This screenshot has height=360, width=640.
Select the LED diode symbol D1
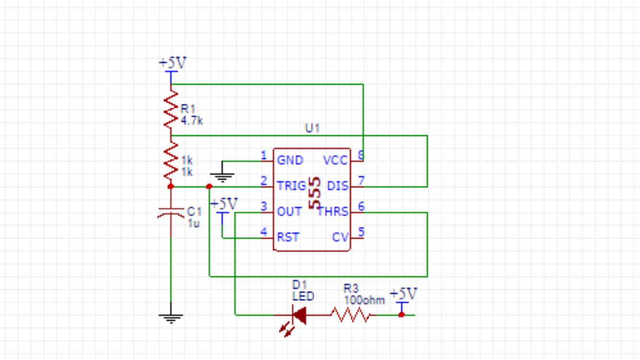coord(299,315)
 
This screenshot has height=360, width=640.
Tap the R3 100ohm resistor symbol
coord(350,315)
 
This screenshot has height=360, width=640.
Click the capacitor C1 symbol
coord(170,213)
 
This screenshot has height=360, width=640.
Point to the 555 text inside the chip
coord(315,193)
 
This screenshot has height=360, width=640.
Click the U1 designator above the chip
coord(312,128)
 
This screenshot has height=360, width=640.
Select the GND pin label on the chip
coord(290,160)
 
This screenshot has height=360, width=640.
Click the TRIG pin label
coord(291,186)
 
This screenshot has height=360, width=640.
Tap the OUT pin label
coord(289,212)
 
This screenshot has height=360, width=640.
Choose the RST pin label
coord(288,238)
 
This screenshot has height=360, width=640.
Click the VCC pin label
coord(335,160)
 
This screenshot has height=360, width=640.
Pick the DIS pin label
coord(337,186)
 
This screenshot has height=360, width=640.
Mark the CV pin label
coord(340,238)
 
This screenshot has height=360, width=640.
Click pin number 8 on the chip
coord(361,156)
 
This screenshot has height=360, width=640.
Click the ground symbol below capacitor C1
coord(171,318)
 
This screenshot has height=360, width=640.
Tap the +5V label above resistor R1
coord(172,63)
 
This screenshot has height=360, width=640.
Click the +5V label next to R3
coord(403,294)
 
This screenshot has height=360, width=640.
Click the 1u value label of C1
coord(193,223)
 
